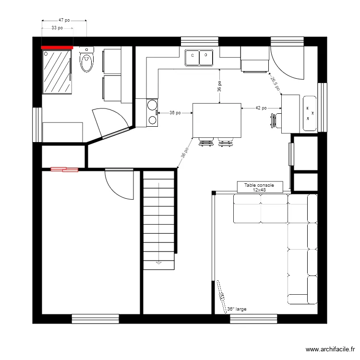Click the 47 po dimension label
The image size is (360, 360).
(x=64, y=21)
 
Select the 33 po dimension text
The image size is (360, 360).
(x=57, y=28)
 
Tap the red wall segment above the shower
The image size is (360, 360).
(x=57, y=48)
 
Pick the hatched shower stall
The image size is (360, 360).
(x=57, y=72)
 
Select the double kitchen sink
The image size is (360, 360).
(x=199, y=57)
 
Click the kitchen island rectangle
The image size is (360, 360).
(x=216, y=120)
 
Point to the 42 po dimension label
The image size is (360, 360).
(x=261, y=108)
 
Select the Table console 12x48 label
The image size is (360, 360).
(x=259, y=187)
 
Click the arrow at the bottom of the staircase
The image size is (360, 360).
(x=158, y=263)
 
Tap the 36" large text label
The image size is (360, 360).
(x=237, y=309)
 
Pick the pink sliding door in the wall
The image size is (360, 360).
(x=64, y=169)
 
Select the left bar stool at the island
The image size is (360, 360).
(x=206, y=142)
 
